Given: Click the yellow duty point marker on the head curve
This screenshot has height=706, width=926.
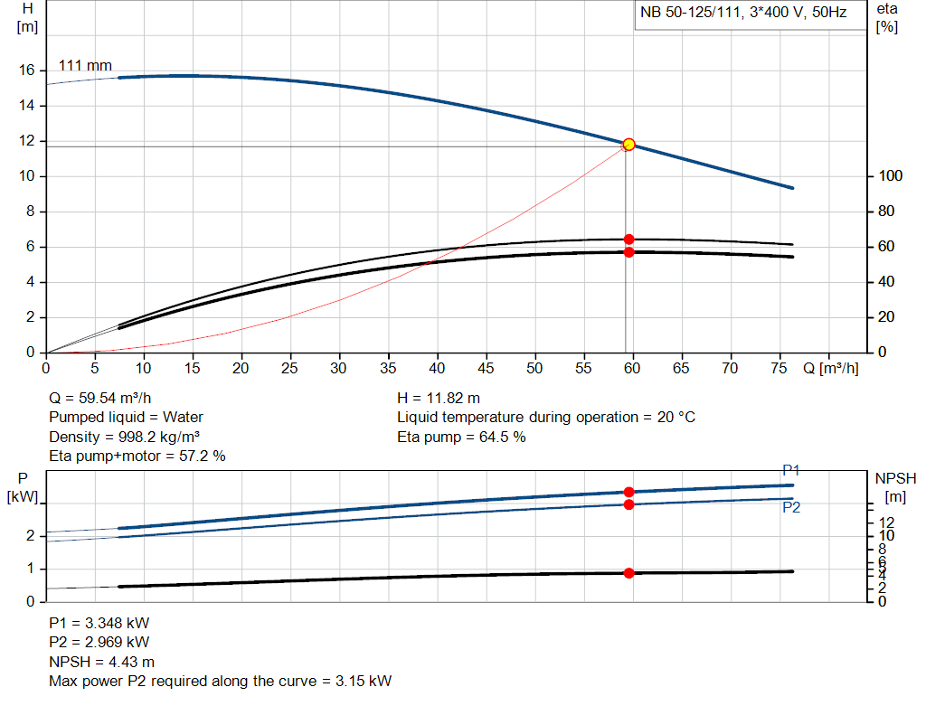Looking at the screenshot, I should (628, 145).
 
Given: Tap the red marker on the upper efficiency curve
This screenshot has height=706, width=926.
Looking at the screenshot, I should (628, 240).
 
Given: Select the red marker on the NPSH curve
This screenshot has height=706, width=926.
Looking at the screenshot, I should (628, 573).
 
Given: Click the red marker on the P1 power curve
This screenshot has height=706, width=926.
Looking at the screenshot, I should (628, 492).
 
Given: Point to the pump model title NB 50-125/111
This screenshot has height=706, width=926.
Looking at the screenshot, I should (742, 14).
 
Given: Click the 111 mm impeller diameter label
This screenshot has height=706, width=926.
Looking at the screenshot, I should (85, 66).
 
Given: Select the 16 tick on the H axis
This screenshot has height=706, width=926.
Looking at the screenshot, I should (27, 71).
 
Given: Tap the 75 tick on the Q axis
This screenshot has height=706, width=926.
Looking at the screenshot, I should (778, 368).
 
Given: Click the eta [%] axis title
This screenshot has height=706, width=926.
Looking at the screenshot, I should (886, 17).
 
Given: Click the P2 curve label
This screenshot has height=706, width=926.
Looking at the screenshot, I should (790, 507).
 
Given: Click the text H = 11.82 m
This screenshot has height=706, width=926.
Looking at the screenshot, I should (439, 398).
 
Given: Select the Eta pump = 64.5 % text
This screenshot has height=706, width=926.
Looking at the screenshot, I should (461, 437).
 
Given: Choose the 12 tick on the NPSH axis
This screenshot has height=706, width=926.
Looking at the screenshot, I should (887, 522).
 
